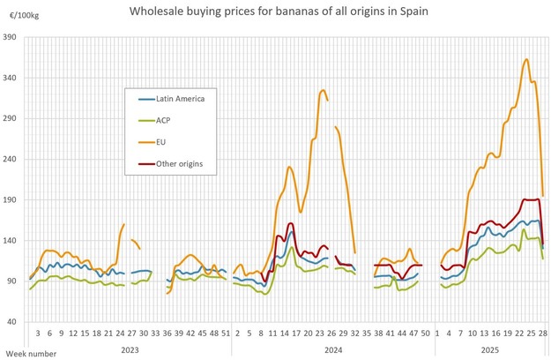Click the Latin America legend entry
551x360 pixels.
coord(180,98)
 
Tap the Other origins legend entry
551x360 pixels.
coord(179,163)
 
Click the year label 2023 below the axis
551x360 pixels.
coord(129,350)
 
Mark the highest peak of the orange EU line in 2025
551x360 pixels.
coord(526,59)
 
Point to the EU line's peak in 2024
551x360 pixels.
coord(324,90)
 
